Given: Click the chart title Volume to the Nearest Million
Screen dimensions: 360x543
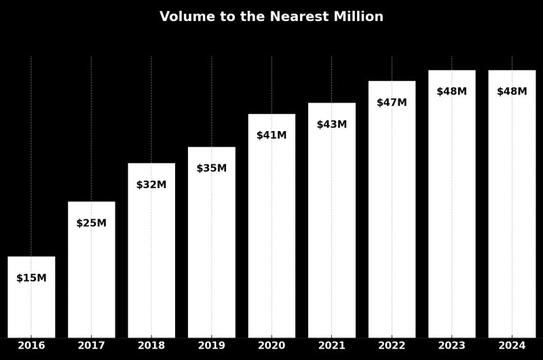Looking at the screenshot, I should coord(271,17).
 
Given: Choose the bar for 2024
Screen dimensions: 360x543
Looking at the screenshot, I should coord(512,211).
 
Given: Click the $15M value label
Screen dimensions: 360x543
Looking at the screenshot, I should coord(31,278).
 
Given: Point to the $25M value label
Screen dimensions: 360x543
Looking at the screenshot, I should coord(91,223).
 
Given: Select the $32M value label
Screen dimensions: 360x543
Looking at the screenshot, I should coord(151,185).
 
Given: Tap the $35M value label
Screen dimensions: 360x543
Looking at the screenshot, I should coord(212,168).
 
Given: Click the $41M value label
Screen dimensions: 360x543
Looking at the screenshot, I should coord(271,135).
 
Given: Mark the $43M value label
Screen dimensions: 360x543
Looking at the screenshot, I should coord(332,124).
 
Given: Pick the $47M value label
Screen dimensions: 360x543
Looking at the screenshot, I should coord(392,103).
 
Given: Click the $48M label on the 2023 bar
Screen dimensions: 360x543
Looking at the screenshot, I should coord(452,92).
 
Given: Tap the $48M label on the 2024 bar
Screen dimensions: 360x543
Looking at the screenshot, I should coord(512,92).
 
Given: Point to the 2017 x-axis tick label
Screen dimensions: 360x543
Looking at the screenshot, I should coord(91,346).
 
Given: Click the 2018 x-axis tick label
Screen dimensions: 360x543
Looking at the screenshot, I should coord(151,346).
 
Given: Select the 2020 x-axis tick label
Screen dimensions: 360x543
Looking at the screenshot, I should coord(271,346).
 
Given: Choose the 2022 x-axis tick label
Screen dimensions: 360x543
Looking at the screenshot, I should coord(392,346).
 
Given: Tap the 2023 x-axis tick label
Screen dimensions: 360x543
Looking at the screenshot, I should coord(452,346).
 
